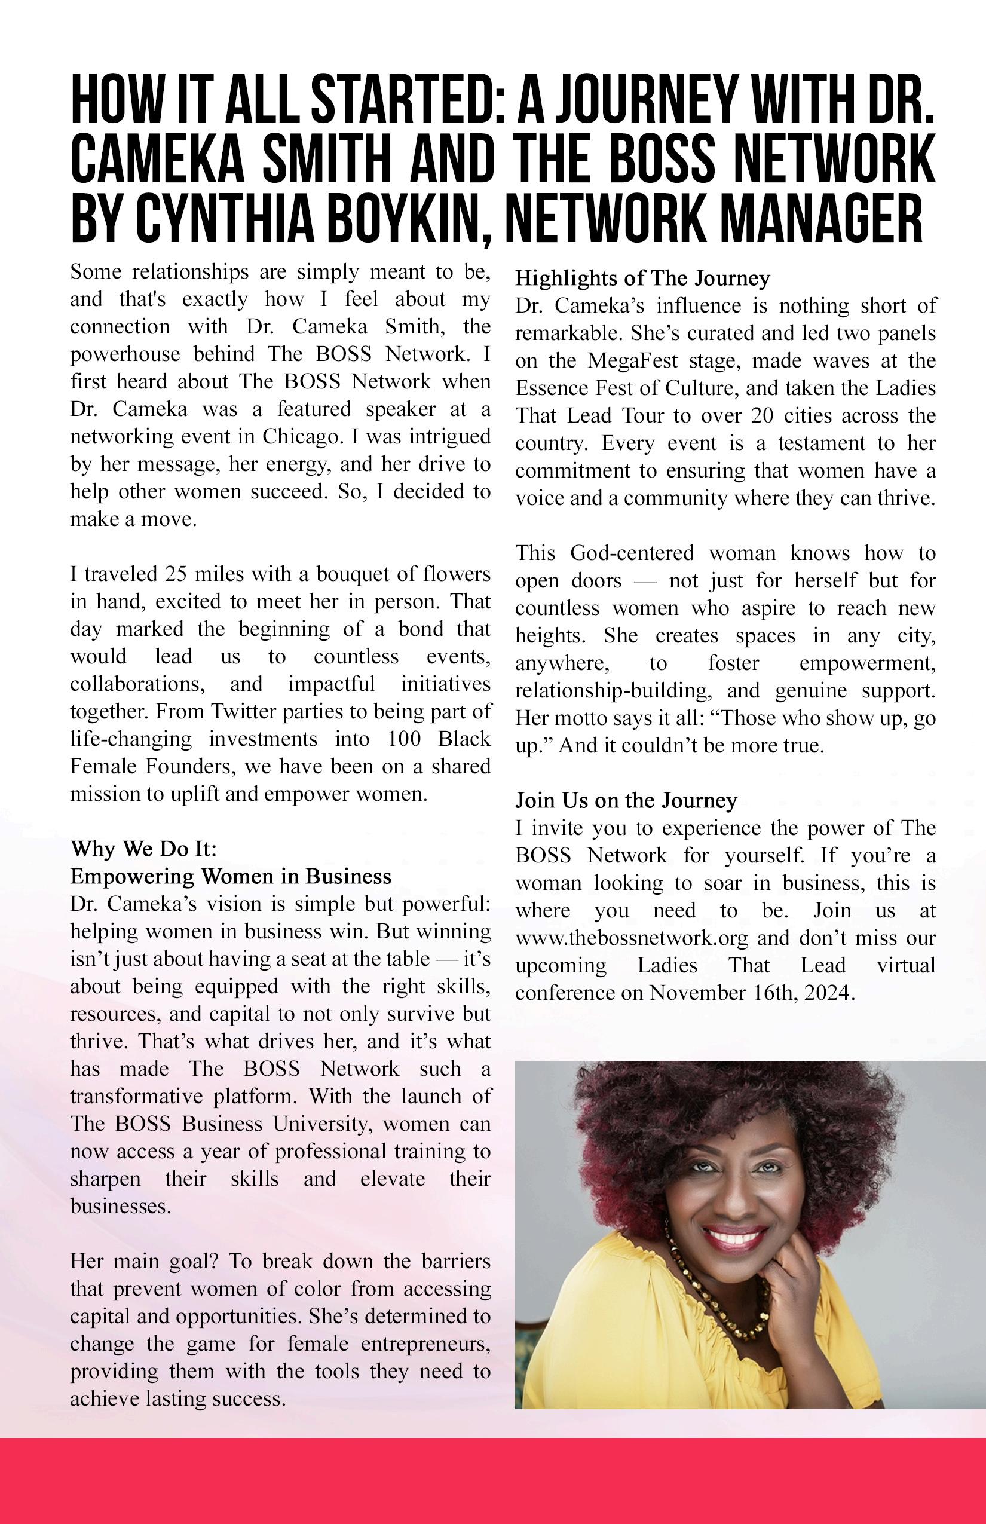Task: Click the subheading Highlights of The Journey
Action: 642,278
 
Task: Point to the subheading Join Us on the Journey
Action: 626,800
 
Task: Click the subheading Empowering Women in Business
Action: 231,876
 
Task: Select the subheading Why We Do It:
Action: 143,849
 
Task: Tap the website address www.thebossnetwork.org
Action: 631,938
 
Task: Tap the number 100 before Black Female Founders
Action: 404,739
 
